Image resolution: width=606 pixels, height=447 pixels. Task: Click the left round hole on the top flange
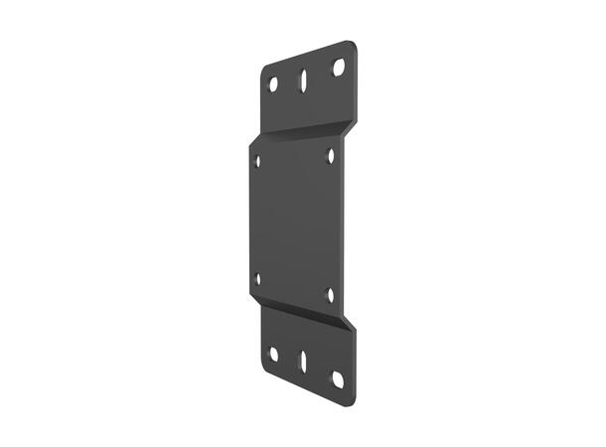point(273,84)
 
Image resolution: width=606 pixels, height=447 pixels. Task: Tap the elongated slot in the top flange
point(302,77)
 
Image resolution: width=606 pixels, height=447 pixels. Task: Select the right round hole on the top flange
point(338,68)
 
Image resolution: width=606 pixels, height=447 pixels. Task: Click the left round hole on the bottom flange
point(273,353)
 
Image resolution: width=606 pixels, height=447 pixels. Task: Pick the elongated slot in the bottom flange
point(302,362)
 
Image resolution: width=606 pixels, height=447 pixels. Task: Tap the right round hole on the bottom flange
point(338,378)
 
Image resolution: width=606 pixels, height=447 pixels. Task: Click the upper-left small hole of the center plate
point(258,159)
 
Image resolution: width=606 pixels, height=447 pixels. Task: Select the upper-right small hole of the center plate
point(331,155)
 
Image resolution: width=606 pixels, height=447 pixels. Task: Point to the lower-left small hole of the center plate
point(258,279)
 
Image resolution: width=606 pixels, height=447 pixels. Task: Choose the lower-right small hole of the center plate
point(331,294)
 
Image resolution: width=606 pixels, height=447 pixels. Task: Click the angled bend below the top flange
point(303,132)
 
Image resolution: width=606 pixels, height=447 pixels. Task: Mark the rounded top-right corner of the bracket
point(352,45)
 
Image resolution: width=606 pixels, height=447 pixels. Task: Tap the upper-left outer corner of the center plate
point(249,144)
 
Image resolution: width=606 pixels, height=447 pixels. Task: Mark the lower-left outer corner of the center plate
point(249,295)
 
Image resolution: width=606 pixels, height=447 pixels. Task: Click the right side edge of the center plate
point(344,223)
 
